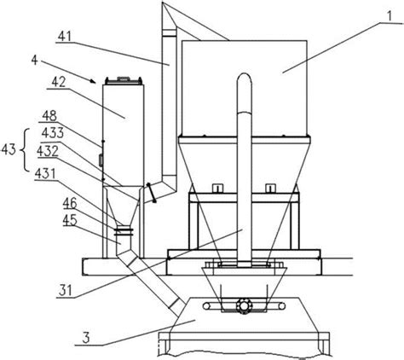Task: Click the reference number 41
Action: pyautogui.click(x=65, y=37)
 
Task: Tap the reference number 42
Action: pyautogui.click(x=59, y=82)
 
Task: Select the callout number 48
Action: pyautogui.click(x=49, y=116)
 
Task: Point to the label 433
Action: pyautogui.click(x=53, y=132)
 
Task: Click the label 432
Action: pyautogui.click(x=48, y=151)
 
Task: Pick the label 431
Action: pyautogui.click(x=45, y=174)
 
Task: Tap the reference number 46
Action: pyautogui.click(x=70, y=204)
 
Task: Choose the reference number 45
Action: pyautogui.click(x=70, y=220)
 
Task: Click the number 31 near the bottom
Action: pyautogui.click(x=66, y=291)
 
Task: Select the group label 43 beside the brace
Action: pyautogui.click(x=9, y=149)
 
